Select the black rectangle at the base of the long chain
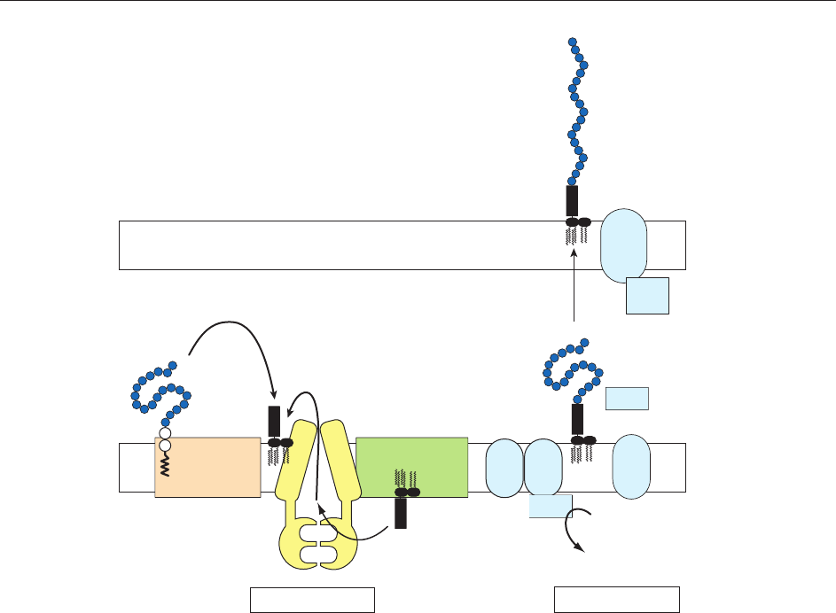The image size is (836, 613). coord(572,200)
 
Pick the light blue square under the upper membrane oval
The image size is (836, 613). coord(646,296)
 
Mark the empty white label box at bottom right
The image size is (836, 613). coord(617,600)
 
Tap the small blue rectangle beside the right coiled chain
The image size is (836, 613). coord(628,399)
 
